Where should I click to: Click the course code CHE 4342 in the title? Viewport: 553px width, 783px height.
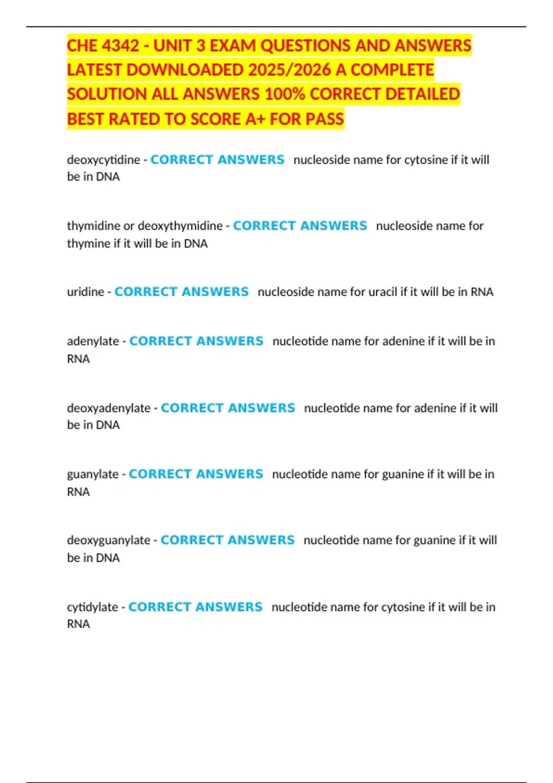coord(103,46)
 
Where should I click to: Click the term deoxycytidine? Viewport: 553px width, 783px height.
coord(103,160)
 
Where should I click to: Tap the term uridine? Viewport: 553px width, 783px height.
coord(85,292)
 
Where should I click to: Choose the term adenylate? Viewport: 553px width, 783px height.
coord(93,341)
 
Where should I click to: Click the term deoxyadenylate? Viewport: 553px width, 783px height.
coord(108,408)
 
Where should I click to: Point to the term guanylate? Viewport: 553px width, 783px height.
coord(93,474)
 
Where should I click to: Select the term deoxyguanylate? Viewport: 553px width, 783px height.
coord(108,540)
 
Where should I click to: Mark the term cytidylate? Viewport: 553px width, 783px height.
coord(92,607)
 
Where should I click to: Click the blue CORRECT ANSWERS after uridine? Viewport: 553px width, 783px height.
coord(182,292)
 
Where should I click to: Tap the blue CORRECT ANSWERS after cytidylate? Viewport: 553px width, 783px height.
coord(195,607)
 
